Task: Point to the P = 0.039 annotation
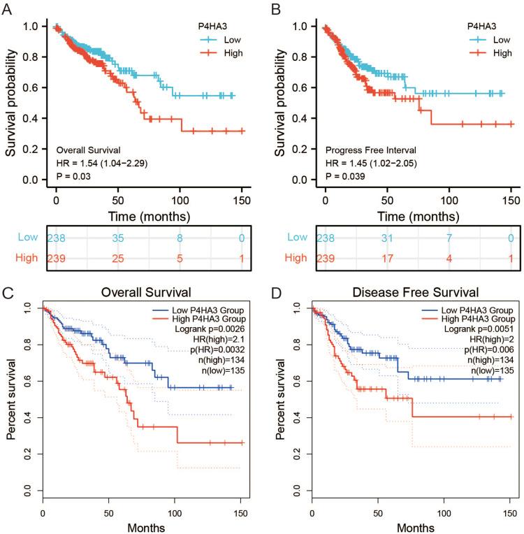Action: click(344, 175)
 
